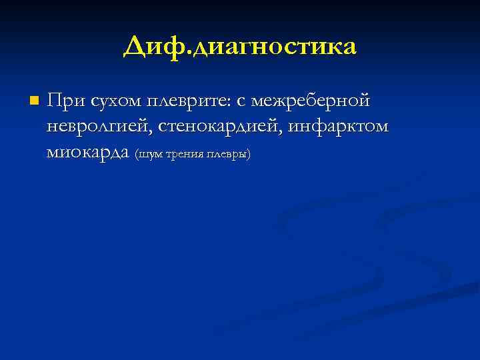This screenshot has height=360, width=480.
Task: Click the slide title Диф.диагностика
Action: coord(240,47)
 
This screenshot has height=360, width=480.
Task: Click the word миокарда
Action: coord(89,152)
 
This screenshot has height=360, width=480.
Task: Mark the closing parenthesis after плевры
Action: coord(249,155)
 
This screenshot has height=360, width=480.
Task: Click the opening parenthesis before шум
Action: coord(137,155)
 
